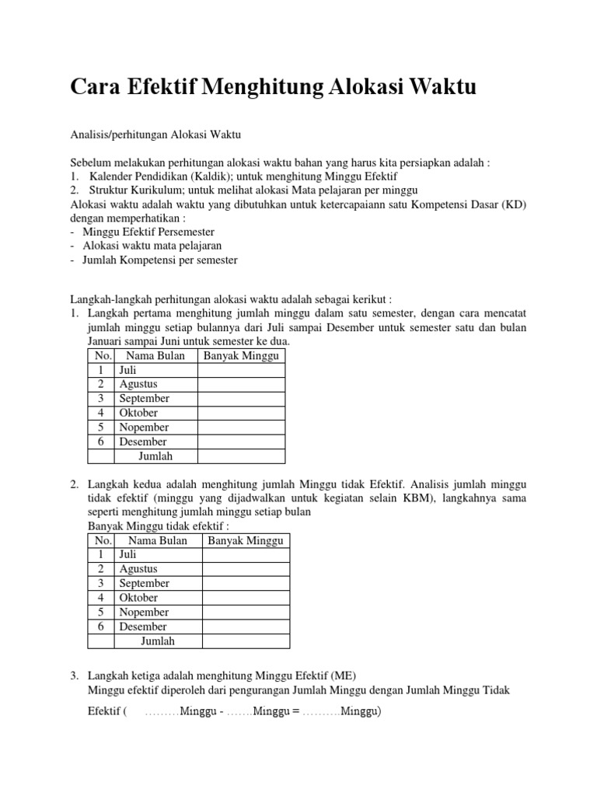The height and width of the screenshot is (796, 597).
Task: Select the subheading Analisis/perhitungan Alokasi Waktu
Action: tap(155, 134)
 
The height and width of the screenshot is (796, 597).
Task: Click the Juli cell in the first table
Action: tap(128, 370)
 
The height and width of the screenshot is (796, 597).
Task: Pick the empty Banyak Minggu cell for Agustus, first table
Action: tap(241, 384)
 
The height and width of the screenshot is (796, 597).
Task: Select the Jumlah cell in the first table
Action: tap(155, 456)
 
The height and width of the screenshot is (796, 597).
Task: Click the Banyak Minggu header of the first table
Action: tap(241, 356)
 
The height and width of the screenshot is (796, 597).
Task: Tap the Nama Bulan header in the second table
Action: tap(158, 540)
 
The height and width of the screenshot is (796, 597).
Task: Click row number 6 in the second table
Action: tap(101, 627)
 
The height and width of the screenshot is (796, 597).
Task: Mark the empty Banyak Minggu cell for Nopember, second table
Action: tap(246, 613)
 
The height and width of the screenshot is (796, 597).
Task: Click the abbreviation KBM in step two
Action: tap(410, 498)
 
